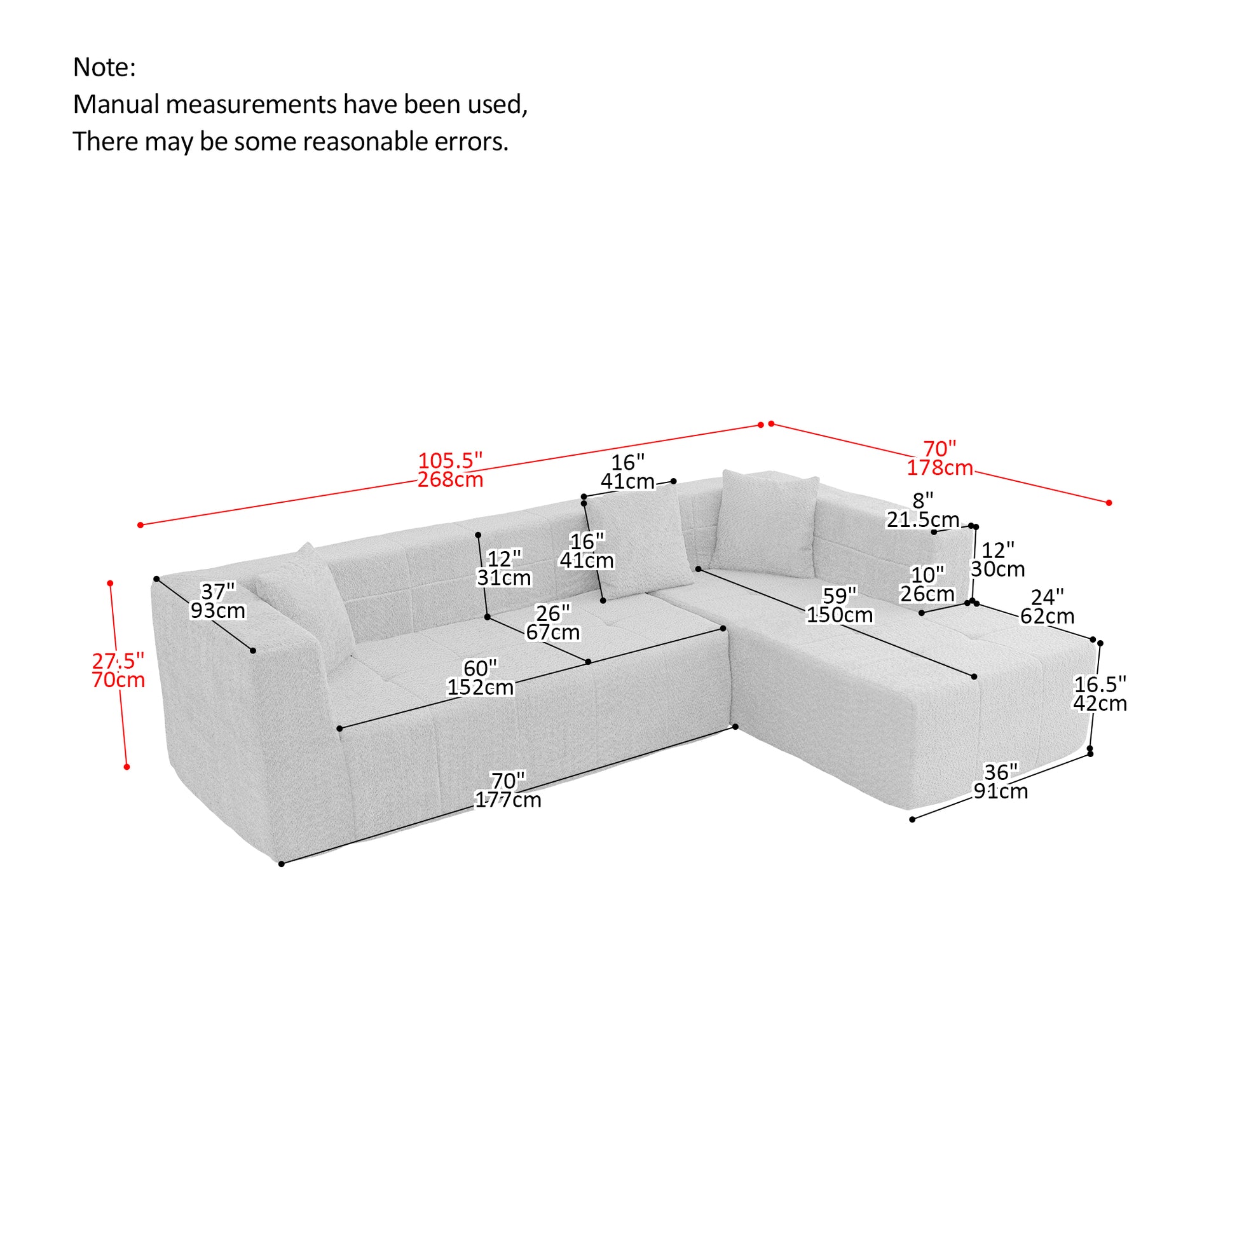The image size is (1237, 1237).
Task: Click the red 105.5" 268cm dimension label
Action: coord(450,470)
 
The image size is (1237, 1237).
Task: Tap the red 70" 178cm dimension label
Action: coord(940,458)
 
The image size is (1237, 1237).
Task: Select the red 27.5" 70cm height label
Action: coord(118,670)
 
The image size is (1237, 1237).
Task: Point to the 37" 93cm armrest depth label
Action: coord(217,601)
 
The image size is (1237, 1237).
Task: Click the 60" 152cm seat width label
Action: coord(480,678)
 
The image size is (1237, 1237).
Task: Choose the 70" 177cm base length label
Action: coord(508,790)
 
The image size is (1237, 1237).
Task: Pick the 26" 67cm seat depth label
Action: coord(552,622)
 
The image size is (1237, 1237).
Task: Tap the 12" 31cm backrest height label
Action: coord(504,568)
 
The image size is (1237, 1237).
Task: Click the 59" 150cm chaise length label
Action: coord(839,605)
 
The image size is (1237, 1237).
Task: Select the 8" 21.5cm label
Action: coord(922,510)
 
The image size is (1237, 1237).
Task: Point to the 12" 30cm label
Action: coord(997,559)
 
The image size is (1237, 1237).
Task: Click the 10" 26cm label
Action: coord(927,584)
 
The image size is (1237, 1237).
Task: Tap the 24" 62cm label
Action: coord(1047,606)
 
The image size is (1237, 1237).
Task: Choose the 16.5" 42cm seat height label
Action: coord(1100,694)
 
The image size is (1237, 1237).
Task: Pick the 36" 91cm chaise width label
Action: coord(1001,781)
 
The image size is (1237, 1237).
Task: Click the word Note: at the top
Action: coord(104,67)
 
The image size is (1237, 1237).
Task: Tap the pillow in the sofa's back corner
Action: coord(767,523)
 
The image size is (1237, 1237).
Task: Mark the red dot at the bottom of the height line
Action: coord(126,767)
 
